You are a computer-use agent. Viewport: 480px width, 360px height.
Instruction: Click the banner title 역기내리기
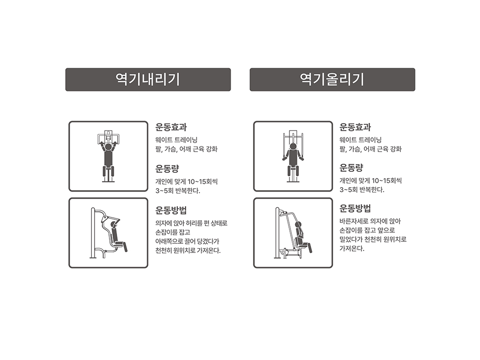click(x=148, y=79)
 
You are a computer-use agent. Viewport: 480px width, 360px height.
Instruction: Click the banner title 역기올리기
click(x=332, y=79)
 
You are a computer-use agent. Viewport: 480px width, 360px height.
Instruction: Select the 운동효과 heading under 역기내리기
click(x=171, y=127)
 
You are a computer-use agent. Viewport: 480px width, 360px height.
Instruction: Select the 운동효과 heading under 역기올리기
click(x=355, y=127)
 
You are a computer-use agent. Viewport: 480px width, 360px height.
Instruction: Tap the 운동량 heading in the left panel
click(x=167, y=168)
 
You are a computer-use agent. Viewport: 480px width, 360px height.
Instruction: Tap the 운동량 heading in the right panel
click(x=351, y=168)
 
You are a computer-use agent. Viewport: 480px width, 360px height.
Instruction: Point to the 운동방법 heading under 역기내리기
click(x=171, y=210)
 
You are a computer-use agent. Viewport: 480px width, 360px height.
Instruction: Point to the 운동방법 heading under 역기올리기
click(x=355, y=208)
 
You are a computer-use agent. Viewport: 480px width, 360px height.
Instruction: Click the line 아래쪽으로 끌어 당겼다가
click(x=187, y=241)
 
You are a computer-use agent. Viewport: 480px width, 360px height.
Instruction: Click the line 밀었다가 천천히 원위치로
click(x=373, y=240)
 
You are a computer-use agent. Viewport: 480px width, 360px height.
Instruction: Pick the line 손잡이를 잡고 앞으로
click(x=367, y=230)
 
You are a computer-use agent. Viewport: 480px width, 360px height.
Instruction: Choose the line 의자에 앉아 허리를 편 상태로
click(x=192, y=223)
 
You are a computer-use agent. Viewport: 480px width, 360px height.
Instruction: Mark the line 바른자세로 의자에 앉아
click(x=370, y=221)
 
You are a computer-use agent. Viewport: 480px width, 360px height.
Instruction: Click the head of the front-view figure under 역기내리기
click(x=108, y=147)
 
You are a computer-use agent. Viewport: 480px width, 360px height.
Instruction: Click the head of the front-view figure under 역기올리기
click(x=293, y=146)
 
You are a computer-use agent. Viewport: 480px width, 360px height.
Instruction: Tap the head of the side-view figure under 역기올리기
click(x=299, y=225)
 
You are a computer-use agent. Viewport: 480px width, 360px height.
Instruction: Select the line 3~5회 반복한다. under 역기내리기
click(x=178, y=191)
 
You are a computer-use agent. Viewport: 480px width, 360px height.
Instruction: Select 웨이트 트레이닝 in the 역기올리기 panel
click(x=360, y=140)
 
